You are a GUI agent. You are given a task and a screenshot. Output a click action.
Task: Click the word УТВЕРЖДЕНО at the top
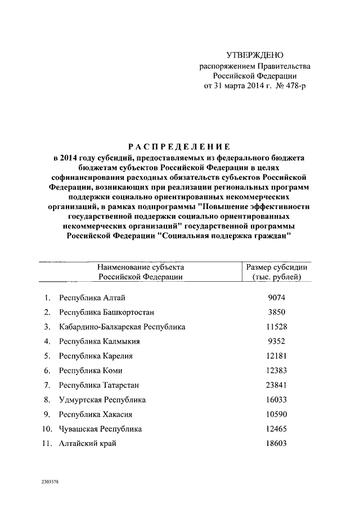coord(255,55)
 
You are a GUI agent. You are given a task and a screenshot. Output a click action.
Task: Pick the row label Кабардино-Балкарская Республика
coord(122,326)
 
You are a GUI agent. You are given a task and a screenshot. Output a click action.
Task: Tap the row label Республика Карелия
coord(96,355)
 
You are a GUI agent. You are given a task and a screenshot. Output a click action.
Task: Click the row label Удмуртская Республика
coord(102,399)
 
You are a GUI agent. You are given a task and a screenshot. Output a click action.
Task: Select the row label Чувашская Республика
coord(100,429)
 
